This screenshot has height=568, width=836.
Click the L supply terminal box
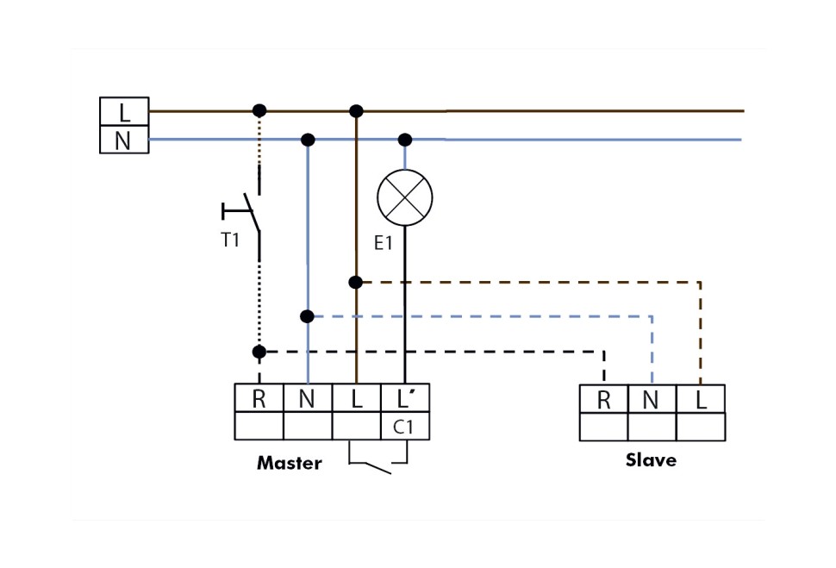124,111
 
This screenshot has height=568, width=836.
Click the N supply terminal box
124,140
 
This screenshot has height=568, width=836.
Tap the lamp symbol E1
405,197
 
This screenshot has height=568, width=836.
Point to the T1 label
230,240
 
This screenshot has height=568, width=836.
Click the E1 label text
384,244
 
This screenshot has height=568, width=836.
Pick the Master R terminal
259,398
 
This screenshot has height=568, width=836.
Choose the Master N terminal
308,398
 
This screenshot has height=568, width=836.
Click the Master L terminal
356,398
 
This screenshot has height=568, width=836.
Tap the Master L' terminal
405,398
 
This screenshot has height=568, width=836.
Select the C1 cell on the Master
404,426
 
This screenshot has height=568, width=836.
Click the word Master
289,464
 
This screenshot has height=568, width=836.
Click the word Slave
651,460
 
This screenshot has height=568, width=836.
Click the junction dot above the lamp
405,140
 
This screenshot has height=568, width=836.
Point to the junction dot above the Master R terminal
259,352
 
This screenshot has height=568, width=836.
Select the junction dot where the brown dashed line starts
355,282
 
